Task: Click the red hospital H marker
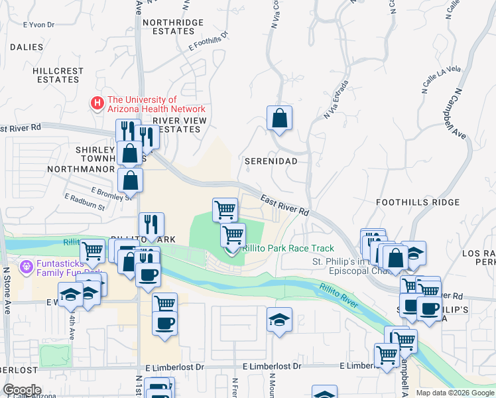pos(97,103)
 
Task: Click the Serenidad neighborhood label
pos(271,161)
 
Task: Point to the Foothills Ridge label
pos(418,202)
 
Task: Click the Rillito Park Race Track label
pos(288,248)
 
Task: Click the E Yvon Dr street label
pos(37,25)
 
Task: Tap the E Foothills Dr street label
pos(208,41)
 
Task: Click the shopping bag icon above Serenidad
pos(280,119)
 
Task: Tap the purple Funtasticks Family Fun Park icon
pos(27,267)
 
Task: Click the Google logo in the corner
pos(22,390)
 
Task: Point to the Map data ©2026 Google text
pos(454,393)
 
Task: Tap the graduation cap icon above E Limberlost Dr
pos(279,320)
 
